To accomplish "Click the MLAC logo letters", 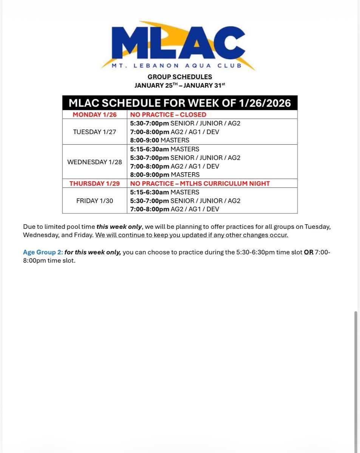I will (x=179, y=42).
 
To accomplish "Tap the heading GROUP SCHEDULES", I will (x=180, y=77).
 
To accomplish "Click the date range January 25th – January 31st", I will (x=180, y=85).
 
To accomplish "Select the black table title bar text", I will (x=180, y=103).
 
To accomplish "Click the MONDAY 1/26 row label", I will (x=95, y=115).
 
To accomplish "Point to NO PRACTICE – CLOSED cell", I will (x=168, y=115).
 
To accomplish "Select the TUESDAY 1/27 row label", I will (x=95, y=132).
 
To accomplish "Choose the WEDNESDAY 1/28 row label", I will (x=95, y=162).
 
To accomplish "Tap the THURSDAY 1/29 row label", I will (x=95, y=183).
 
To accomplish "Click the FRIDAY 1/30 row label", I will (x=95, y=201).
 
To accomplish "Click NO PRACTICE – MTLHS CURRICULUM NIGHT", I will (x=200, y=183).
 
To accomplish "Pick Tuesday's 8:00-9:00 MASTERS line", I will (x=160, y=140).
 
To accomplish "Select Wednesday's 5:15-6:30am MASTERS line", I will (x=165, y=149).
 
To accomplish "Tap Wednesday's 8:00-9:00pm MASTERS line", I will (x=165, y=175).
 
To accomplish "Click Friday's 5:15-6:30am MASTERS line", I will (x=165, y=192).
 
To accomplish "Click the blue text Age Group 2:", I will (x=43, y=252).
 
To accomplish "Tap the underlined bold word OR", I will (x=309, y=252).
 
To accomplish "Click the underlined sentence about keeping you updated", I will (x=192, y=235).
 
